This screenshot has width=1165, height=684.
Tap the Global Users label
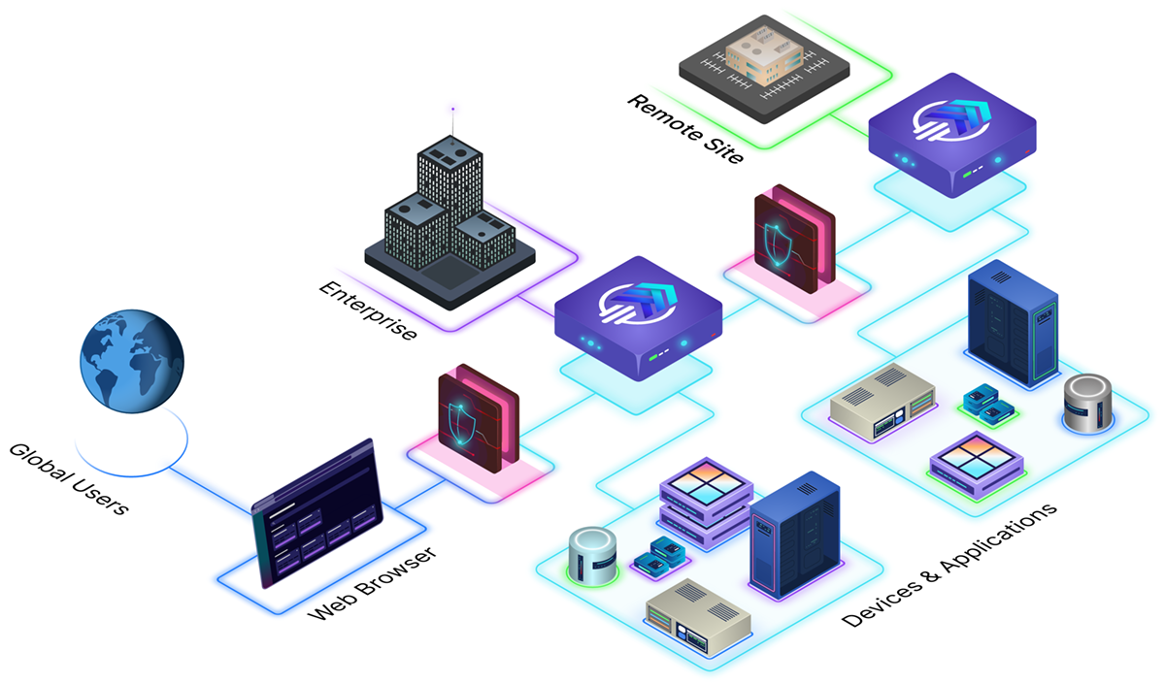tap(68, 479)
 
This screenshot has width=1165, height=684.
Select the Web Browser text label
tap(373, 584)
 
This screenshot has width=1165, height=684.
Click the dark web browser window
tap(313, 514)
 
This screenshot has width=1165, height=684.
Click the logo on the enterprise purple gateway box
tap(639, 300)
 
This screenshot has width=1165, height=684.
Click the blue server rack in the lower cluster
tap(795, 534)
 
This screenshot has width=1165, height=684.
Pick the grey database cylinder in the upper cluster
tap(1085, 402)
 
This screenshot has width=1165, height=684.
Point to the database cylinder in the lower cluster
tap(593, 557)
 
